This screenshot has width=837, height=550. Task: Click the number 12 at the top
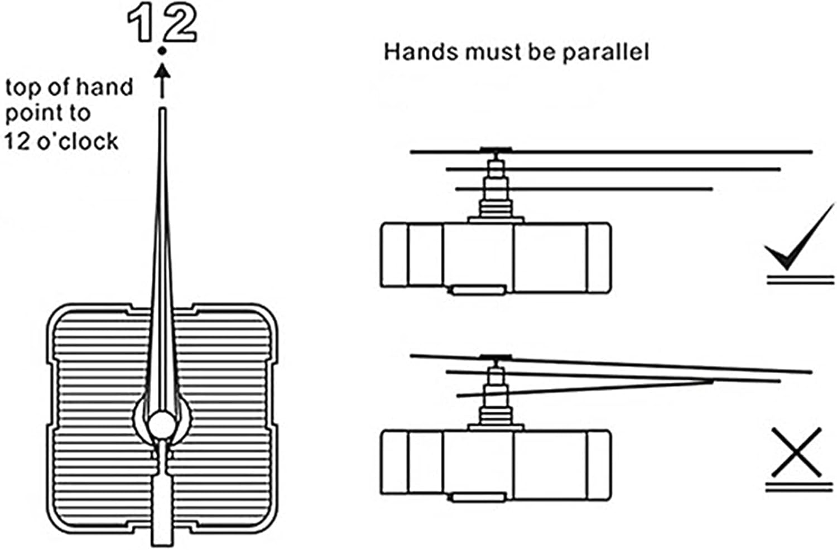tap(161, 24)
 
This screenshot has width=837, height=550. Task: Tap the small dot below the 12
tap(162, 51)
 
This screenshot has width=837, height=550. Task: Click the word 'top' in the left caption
tap(23, 88)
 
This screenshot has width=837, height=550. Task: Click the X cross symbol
tap(797, 452)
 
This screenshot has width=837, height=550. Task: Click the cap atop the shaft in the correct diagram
tap(496, 149)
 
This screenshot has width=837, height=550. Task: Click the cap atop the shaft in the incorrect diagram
tap(496, 358)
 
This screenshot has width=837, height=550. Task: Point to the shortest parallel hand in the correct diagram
tap(584, 189)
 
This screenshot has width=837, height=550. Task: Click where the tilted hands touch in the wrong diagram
tap(711, 382)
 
